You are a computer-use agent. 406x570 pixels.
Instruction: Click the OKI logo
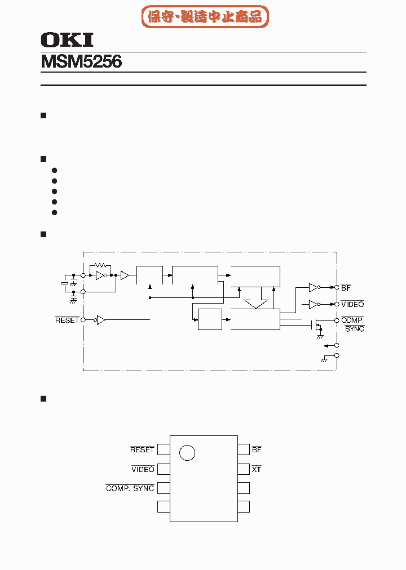(x=67, y=40)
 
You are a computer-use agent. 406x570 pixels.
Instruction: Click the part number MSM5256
(x=81, y=61)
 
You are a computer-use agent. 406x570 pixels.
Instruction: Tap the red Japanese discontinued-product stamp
(x=205, y=17)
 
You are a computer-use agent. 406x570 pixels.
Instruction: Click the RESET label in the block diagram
(x=67, y=320)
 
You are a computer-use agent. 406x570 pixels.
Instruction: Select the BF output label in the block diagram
(x=346, y=288)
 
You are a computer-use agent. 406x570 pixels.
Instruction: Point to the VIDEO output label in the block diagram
(x=352, y=305)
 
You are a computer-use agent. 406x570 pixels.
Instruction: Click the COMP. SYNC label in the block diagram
(x=353, y=324)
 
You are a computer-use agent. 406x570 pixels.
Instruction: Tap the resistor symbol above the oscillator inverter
(x=101, y=265)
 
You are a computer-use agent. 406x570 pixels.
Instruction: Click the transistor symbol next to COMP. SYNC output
(x=317, y=325)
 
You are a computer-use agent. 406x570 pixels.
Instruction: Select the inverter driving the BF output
(x=314, y=287)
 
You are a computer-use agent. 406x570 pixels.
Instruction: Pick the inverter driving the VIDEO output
(x=314, y=305)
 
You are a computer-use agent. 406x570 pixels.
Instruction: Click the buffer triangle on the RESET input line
(x=101, y=320)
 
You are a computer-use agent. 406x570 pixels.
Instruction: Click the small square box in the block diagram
(x=210, y=320)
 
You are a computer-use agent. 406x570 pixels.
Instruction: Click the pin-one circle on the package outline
(x=187, y=452)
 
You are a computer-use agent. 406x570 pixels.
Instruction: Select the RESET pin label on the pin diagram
(x=142, y=449)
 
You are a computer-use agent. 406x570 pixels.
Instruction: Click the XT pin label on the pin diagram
(x=257, y=469)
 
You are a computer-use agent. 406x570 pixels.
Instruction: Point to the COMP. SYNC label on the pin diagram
(x=130, y=488)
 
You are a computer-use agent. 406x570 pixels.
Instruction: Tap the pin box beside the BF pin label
(x=244, y=449)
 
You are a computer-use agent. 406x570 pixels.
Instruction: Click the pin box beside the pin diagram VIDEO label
(x=164, y=469)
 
